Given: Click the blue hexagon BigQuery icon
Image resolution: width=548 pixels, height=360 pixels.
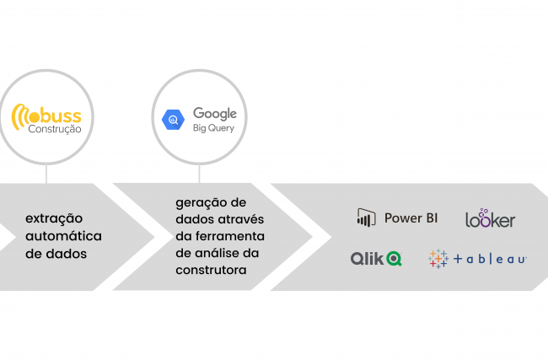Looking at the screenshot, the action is click(173, 120).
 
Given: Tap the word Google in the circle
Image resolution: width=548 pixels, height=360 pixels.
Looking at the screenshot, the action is click(215, 114).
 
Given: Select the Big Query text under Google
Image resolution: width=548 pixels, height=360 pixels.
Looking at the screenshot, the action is click(213, 128).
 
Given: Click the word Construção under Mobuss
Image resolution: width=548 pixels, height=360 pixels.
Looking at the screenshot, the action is click(55, 129).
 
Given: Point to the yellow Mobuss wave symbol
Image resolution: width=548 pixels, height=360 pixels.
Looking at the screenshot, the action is click(20, 116).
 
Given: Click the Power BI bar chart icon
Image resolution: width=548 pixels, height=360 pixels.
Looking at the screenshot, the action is click(366, 218).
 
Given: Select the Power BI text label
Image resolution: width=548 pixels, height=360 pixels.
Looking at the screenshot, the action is click(411, 218).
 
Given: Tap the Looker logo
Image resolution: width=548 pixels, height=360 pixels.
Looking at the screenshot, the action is click(490, 218).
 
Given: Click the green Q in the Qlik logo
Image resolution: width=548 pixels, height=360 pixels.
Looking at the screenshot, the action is click(394, 259).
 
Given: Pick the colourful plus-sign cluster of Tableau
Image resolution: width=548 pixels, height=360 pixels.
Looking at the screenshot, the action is click(438, 259).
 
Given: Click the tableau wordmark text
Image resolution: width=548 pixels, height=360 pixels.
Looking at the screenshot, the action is click(490, 259).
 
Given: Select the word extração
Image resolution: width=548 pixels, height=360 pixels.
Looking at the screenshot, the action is click(54, 219).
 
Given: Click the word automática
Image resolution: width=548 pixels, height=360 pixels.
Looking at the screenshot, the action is click(63, 236).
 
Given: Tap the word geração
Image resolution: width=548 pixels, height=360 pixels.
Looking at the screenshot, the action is click(200, 203).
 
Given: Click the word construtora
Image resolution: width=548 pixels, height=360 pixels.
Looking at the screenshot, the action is click(211, 270).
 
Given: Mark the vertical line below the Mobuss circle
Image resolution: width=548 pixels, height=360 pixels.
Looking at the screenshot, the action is click(46, 174).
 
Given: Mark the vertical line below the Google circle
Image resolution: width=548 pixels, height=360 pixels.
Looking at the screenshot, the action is click(199, 174).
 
